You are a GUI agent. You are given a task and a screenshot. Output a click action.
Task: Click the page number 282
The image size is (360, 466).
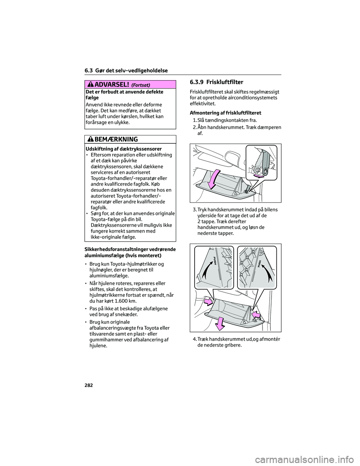[x=88, y=385]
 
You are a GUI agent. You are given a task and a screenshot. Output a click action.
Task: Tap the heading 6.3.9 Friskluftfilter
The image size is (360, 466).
[x=216, y=82]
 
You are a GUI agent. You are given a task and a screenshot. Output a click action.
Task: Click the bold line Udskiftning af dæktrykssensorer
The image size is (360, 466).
[x=124, y=149]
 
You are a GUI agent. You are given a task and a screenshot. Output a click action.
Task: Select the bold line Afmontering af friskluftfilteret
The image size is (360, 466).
[x=225, y=113]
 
